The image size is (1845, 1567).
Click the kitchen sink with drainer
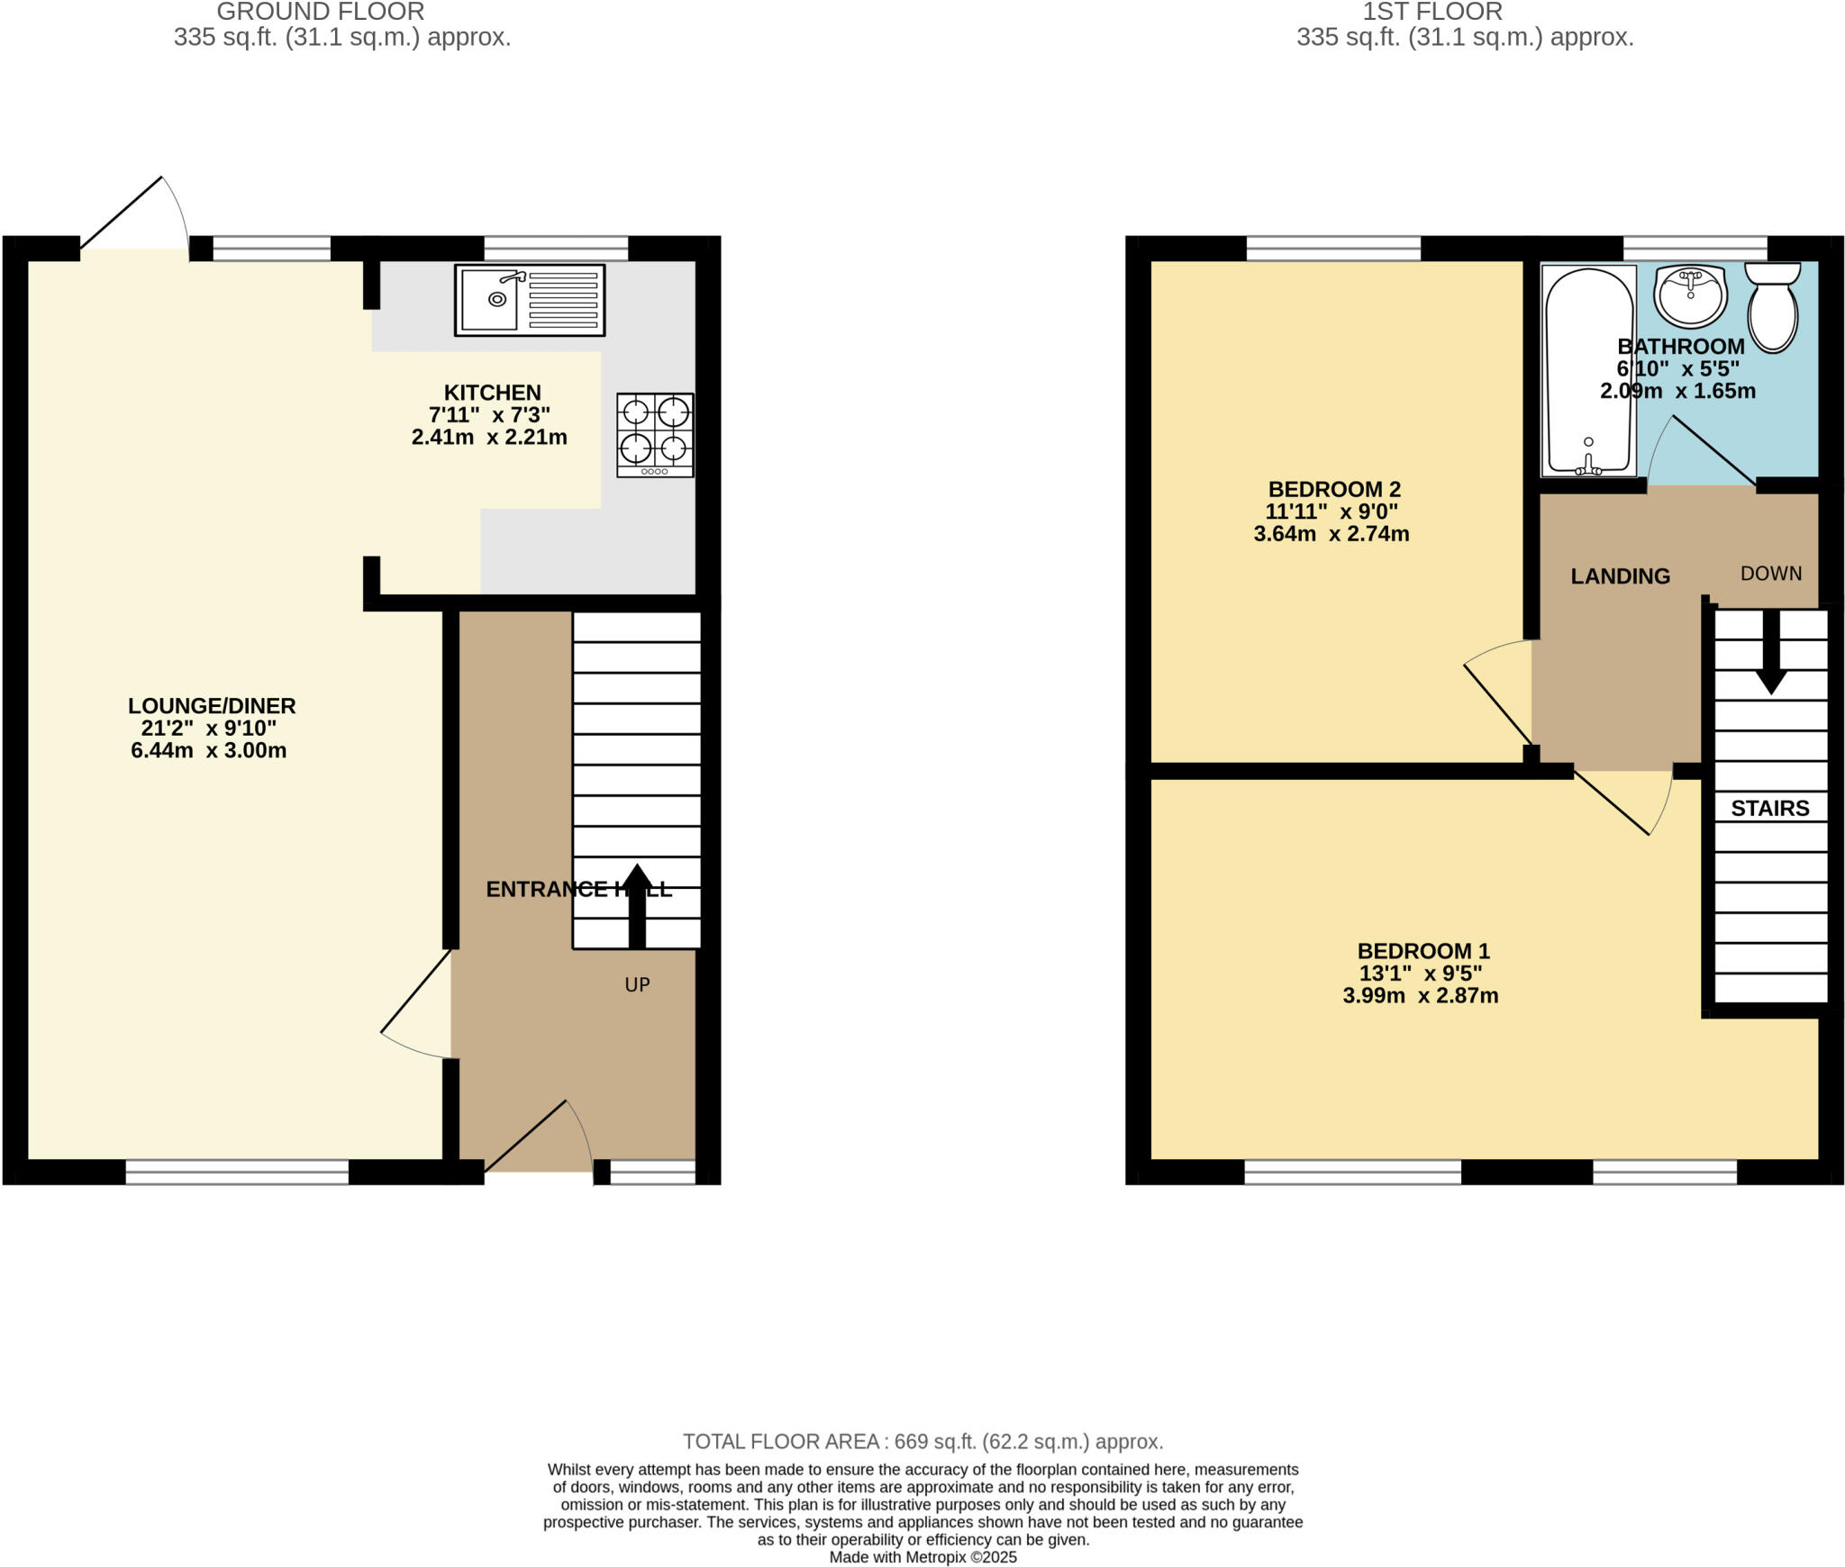(x=529, y=300)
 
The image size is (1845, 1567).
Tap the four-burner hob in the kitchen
(x=655, y=434)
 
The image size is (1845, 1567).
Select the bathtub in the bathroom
(x=1588, y=370)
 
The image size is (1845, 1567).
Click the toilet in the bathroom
(x=1772, y=307)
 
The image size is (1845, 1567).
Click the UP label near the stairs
(x=637, y=984)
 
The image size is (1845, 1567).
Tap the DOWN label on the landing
(x=1770, y=574)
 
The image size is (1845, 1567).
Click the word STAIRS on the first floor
(x=1769, y=808)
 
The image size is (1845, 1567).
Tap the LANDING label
(x=1620, y=576)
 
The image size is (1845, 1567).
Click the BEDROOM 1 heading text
(x=1423, y=951)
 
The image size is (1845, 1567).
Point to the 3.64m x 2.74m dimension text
(x=1331, y=534)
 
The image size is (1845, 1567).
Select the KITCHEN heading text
(x=492, y=393)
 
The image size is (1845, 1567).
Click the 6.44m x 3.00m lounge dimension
(x=209, y=751)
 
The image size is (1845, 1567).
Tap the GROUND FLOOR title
(x=320, y=12)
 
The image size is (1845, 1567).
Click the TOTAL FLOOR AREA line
(x=922, y=1442)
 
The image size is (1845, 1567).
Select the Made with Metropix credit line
(x=922, y=1557)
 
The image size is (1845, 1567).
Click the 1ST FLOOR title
(x=1431, y=12)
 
